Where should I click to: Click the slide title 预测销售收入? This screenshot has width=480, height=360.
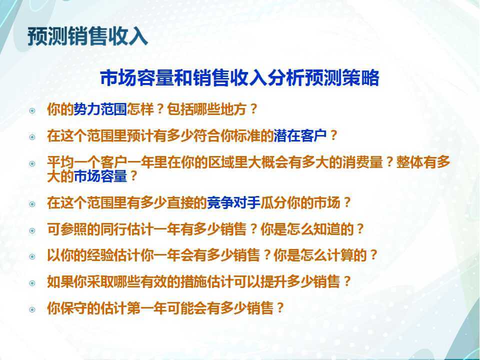pos(88,36)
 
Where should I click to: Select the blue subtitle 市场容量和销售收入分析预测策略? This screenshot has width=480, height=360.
pos(239,78)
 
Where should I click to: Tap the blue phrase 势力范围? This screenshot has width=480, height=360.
pos(100,109)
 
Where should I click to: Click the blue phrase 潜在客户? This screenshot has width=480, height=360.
pos(300,135)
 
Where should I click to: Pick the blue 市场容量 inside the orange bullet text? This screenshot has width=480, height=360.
pos(100,176)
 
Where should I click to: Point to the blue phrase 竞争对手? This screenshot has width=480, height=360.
pos(233,202)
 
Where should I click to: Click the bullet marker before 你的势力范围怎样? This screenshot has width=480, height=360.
pos(32,110)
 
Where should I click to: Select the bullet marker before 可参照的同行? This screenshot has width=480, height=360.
pos(32,230)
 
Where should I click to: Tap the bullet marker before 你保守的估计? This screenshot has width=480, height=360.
pos(32,309)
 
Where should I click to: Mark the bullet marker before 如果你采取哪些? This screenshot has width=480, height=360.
pos(32,283)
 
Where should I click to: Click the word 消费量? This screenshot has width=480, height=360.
pos(363,162)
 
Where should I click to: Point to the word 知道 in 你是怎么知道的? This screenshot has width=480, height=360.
pos(326,229)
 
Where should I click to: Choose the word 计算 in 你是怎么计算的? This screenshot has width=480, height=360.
pos(340,255)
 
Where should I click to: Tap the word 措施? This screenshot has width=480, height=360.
pos(194,281)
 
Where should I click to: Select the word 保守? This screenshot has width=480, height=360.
pos(73,308)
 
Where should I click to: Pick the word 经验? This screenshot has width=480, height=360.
pos(100,255)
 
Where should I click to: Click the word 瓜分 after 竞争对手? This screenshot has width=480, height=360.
pos(273,202)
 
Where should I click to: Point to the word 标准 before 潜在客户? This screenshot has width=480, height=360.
pos(247,135)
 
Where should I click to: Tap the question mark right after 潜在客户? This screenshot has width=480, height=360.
pos(333,135)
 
